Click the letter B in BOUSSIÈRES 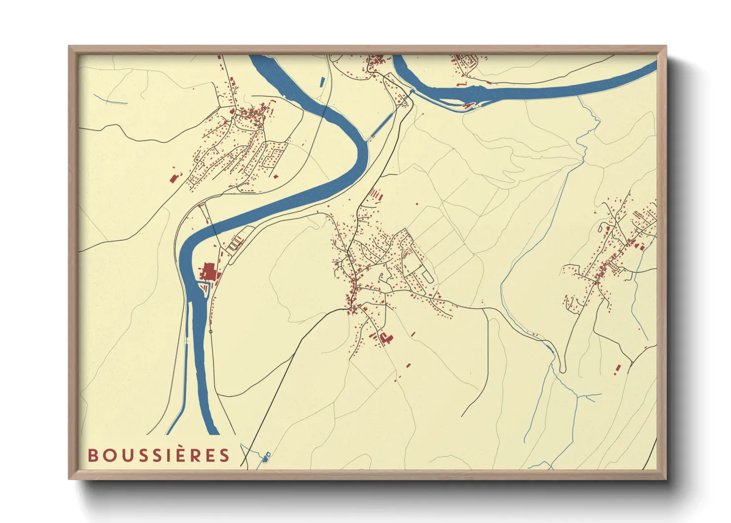click(x=92, y=455)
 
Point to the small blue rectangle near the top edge click(x=323, y=82)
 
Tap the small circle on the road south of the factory click(x=211, y=331)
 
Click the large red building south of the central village click(x=386, y=338)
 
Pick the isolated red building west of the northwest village click(x=173, y=178)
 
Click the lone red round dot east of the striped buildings click(x=417, y=204)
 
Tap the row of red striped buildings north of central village click(x=376, y=194)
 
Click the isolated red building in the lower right click(x=617, y=368)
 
